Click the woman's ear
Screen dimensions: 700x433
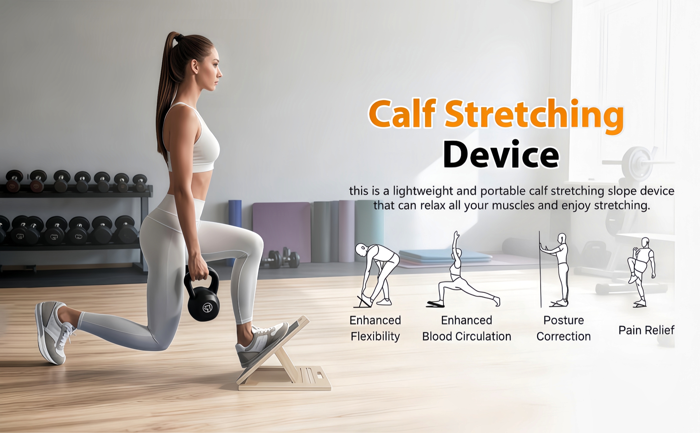click(195, 66)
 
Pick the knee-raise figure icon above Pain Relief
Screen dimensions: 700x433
click(641, 272)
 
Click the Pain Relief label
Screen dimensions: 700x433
click(646, 330)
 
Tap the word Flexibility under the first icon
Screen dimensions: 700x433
click(375, 336)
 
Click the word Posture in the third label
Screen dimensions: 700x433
click(563, 320)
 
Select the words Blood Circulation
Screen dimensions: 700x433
click(467, 336)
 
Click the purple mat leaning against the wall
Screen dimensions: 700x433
click(282, 232)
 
